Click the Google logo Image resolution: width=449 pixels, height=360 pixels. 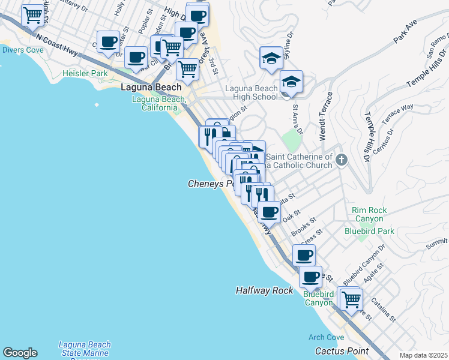(20, 353)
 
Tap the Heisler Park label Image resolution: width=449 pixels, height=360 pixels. (85, 73)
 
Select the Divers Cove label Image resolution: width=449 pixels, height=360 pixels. (22, 50)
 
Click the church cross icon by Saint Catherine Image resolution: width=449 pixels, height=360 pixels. (342, 160)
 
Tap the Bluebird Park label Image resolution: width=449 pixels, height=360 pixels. (369, 230)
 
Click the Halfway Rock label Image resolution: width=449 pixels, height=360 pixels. (264, 290)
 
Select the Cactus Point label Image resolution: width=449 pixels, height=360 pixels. (341, 350)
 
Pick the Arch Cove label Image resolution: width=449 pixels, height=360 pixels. (326, 337)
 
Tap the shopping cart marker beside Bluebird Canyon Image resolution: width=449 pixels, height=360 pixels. (351, 298)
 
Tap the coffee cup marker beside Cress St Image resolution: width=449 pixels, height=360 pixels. (304, 255)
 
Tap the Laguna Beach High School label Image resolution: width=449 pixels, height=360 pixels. (252, 92)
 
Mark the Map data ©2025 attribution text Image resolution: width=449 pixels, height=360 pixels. (424, 355)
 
